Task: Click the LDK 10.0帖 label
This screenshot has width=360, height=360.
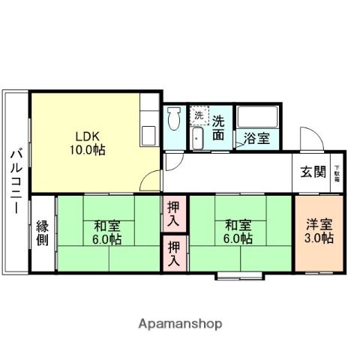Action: point(88,143)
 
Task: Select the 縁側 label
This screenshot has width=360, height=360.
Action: point(43,233)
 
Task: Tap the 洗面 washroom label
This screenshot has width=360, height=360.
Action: point(218,127)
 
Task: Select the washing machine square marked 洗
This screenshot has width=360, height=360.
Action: point(198,115)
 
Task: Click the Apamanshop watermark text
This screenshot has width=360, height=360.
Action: point(180,323)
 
